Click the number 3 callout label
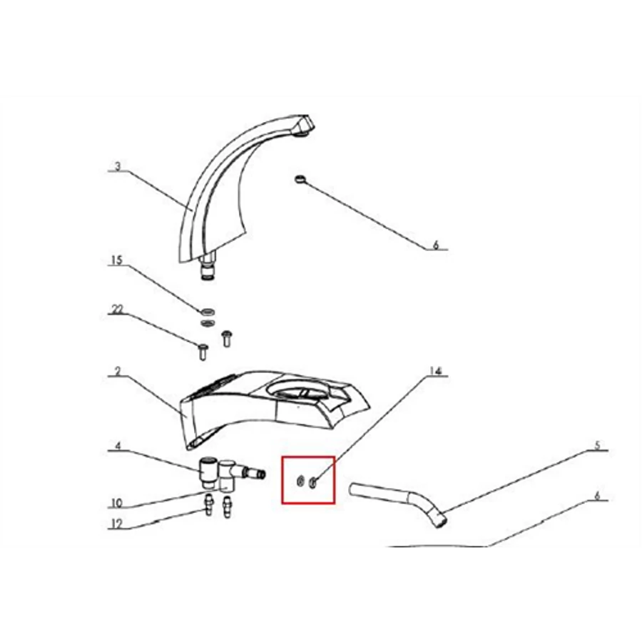coord(118,167)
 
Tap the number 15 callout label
coord(117,260)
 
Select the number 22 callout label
coord(117,309)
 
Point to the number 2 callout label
coord(118,372)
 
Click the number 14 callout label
coord(436,371)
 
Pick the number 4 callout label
coord(118,445)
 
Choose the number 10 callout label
coord(117,503)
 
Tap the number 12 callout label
coord(117,524)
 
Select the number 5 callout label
coord(597,445)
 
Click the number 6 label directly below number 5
coord(597,496)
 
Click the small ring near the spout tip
coord(300,178)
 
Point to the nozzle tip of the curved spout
coord(305,125)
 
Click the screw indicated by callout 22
coord(203,352)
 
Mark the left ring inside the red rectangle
coord(300,482)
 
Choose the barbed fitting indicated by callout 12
coord(209,504)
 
